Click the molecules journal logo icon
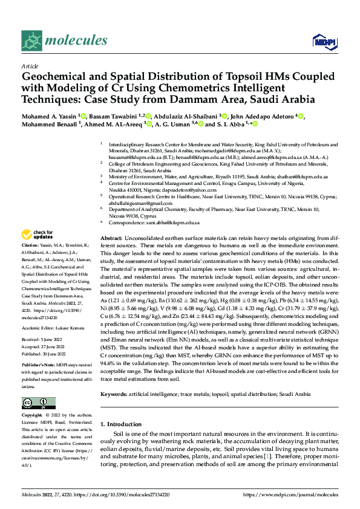[x=32, y=41]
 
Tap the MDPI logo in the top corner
[x=324, y=41]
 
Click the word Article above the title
[x=30, y=66]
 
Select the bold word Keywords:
[x=114, y=394]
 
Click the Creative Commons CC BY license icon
[x=38, y=403]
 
